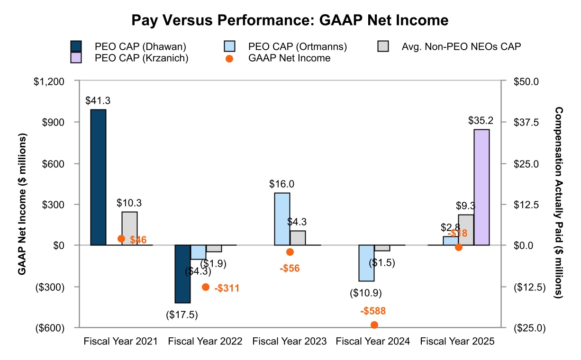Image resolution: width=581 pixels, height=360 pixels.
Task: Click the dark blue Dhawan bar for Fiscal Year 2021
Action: pos(98,177)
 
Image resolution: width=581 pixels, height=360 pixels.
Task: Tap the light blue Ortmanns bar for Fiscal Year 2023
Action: pos(282,219)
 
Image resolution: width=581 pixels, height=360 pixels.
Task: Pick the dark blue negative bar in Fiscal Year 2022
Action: pos(182,274)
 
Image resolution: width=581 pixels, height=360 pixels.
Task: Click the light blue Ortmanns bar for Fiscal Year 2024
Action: pos(366,263)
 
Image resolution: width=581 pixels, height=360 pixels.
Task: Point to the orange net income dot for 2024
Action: pos(374,324)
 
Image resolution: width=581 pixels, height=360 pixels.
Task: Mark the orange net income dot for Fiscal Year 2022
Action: pos(206,287)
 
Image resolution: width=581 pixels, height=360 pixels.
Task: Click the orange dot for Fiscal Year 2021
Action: pos(121,239)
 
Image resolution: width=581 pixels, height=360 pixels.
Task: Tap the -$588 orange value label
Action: pos(372,311)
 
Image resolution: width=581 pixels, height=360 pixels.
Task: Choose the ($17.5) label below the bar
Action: pos(182,315)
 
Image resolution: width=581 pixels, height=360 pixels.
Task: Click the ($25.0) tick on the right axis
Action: pos(530,327)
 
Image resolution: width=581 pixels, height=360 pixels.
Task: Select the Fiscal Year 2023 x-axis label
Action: pos(290,341)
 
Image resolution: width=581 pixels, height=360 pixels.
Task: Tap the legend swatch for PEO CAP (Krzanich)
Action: pos(76,58)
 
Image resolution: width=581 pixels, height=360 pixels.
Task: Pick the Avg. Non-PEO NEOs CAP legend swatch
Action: pos(383,46)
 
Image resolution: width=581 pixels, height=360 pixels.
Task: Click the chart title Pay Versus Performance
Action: pos(290,20)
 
